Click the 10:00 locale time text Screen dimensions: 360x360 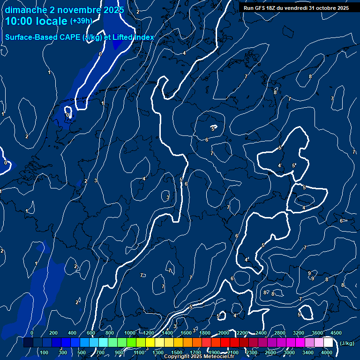(x=37, y=22)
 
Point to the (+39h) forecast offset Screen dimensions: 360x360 (x=81, y=21)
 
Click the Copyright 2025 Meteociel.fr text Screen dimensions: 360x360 (x=199, y=356)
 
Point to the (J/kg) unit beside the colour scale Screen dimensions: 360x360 (x=346, y=344)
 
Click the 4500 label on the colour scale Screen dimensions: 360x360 (x=336, y=333)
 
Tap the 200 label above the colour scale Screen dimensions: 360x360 (x=53, y=333)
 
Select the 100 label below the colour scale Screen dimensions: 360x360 (x=44, y=352)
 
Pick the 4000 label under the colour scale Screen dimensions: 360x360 (x=327, y=352)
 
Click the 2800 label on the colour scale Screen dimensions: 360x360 (x=280, y=333)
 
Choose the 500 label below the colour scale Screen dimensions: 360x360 (x=82, y=352)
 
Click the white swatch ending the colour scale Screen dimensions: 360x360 (x=328, y=343)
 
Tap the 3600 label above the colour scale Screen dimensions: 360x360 (x=317, y=333)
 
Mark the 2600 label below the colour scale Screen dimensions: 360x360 (x=270, y=352)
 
